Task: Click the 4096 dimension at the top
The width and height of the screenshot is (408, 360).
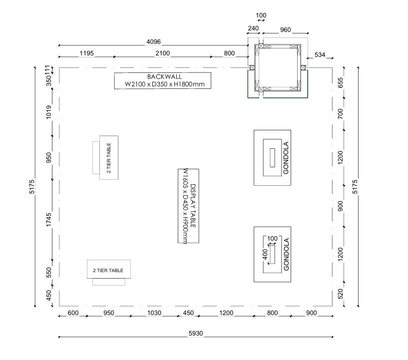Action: point(153,42)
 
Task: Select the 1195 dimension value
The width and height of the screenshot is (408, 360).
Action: point(87,53)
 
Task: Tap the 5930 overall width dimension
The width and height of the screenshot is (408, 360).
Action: point(195,333)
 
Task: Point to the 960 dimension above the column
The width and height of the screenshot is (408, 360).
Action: point(285,30)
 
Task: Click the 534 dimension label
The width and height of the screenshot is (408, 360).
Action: point(320,54)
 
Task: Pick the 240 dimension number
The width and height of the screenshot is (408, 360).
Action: point(253,28)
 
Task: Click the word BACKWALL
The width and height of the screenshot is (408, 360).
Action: point(164,76)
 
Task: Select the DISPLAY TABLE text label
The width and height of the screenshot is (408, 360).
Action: point(193,205)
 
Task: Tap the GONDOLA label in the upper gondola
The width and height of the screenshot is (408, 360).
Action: point(286,158)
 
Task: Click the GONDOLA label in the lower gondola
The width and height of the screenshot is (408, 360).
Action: point(286,254)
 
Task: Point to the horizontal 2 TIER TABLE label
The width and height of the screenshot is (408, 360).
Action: point(108,270)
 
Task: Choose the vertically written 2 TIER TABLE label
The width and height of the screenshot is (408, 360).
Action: point(109,158)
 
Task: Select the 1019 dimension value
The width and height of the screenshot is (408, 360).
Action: point(49,112)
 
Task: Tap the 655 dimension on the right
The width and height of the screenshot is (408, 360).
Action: point(341,83)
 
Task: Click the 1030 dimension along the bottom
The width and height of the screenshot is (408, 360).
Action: point(154,313)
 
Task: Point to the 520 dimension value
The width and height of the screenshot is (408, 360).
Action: point(341,295)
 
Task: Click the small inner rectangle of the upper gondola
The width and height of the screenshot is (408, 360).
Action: point(272,157)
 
